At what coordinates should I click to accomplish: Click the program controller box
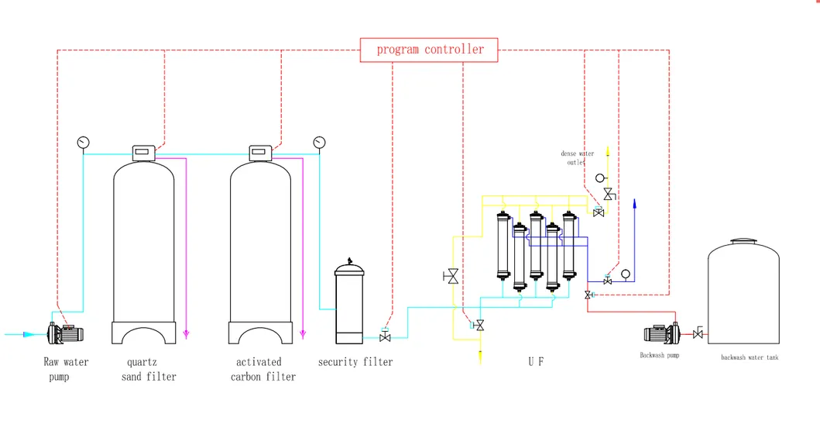(429, 50)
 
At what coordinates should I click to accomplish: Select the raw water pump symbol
(66, 333)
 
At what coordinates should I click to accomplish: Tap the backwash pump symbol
(661, 334)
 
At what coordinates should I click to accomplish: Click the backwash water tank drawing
(743, 291)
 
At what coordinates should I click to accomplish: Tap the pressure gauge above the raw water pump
(84, 142)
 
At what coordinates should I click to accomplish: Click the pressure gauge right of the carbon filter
(318, 142)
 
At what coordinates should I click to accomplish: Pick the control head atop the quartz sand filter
(144, 151)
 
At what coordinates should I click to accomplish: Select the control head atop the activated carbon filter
(259, 151)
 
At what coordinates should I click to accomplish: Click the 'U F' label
(536, 362)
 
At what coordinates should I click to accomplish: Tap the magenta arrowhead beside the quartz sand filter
(187, 334)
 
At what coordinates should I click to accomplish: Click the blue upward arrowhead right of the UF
(634, 204)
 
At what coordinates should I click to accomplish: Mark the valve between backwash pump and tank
(698, 334)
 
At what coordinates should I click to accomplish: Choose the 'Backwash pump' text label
(659, 356)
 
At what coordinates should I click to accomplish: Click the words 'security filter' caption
(355, 362)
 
